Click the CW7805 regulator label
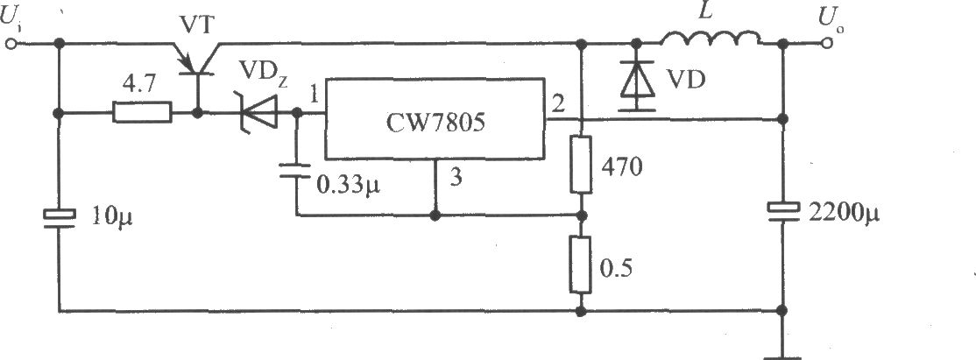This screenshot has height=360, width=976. pyautogui.click(x=435, y=124)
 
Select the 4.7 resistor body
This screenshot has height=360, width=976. pyautogui.click(x=143, y=113)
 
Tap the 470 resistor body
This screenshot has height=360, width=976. pyautogui.click(x=582, y=165)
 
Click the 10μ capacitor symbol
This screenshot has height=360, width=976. pyautogui.click(x=59, y=218)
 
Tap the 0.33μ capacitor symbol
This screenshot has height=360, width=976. pyautogui.click(x=295, y=170)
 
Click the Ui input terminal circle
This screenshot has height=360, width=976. pyautogui.click(x=11, y=44)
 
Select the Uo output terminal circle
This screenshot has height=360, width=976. pyautogui.click(x=827, y=44)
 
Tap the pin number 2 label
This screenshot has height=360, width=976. pyautogui.click(x=558, y=103)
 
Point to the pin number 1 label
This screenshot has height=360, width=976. pyautogui.click(x=314, y=97)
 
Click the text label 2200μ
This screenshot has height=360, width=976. pyautogui.click(x=844, y=215)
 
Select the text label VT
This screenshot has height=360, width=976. pyautogui.click(x=197, y=24)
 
